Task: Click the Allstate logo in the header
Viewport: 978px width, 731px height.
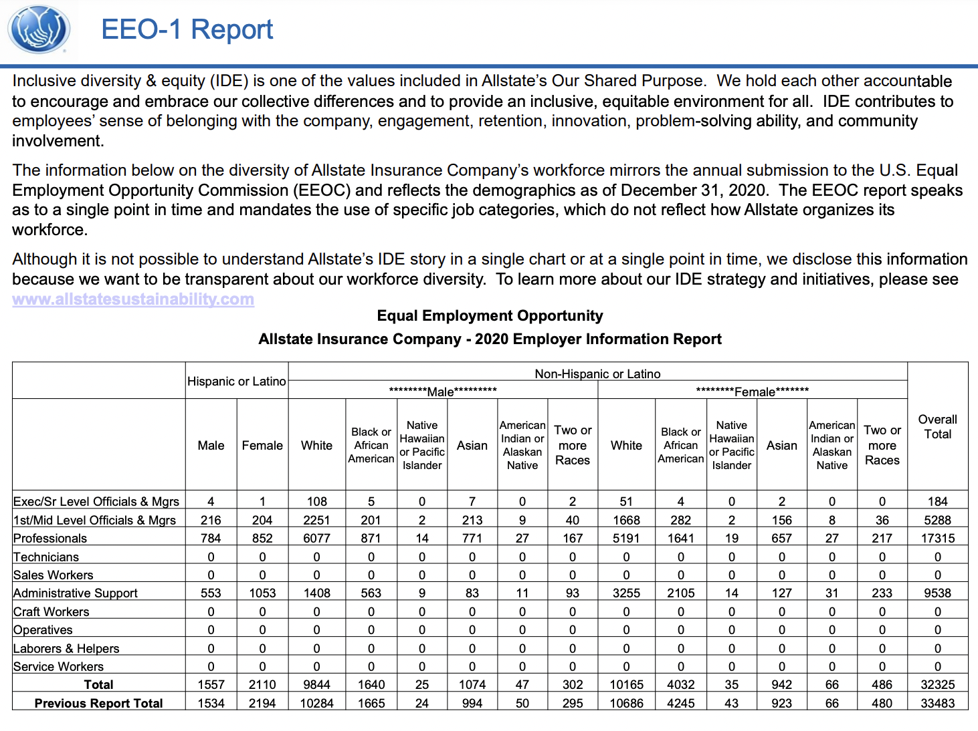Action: click(x=39, y=29)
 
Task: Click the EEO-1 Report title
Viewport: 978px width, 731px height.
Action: click(x=187, y=30)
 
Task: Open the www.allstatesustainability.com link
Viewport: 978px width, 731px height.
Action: click(x=133, y=299)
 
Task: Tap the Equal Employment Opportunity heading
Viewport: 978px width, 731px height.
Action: click(x=490, y=315)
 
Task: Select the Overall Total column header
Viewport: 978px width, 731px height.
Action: click(x=937, y=427)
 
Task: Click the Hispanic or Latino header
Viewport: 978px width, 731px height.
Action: click(x=237, y=382)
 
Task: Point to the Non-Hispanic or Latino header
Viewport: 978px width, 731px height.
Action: click(x=597, y=374)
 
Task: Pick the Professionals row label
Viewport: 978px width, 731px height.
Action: click(x=50, y=539)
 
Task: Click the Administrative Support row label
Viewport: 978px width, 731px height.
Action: click(x=76, y=593)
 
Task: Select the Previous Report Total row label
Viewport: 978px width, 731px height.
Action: click(x=98, y=703)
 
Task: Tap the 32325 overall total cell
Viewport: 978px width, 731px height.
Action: click(x=937, y=684)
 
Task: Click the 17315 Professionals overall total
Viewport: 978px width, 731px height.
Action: click(x=937, y=539)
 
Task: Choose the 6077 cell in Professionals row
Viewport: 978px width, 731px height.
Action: click(x=316, y=539)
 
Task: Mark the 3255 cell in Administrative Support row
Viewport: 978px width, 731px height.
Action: click(x=626, y=593)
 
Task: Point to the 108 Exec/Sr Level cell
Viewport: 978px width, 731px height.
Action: click(x=316, y=501)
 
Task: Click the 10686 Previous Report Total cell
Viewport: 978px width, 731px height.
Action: click(x=626, y=703)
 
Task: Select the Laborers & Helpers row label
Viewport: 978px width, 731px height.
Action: click(x=66, y=648)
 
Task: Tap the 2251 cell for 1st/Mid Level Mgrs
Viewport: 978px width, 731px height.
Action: click(x=316, y=520)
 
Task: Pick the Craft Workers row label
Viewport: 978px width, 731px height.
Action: click(x=51, y=612)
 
